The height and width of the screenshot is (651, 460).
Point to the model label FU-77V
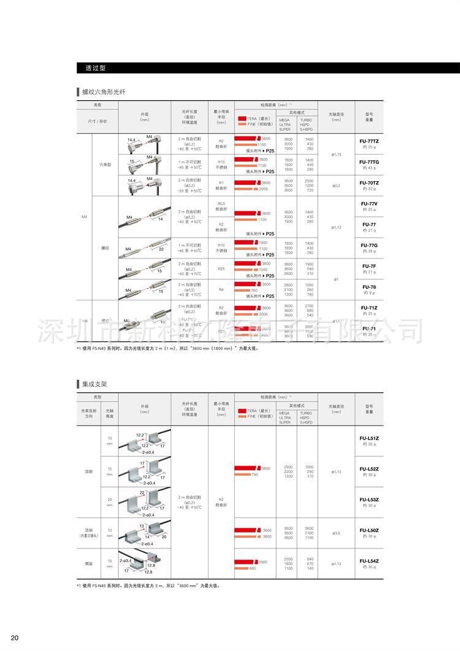tap(369, 203)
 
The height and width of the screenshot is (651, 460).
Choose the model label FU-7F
tap(369, 266)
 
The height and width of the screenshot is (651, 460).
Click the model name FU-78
tap(369, 287)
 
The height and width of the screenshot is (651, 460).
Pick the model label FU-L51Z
tap(369, 438)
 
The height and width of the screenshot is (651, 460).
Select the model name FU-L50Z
tap(369, 530)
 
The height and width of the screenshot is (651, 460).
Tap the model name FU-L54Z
tap(369, 560)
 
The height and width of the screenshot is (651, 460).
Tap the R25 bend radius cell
tap(221, 268)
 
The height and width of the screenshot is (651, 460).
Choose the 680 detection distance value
tap(253, 567)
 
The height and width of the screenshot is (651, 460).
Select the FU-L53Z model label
tap(369, 499)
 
